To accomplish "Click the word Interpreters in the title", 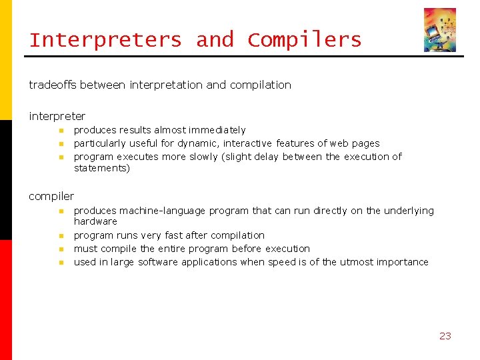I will (105, 40).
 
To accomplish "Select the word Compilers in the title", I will (305, 40).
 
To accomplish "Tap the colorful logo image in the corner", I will (440, 30).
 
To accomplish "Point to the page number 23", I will (445, 336).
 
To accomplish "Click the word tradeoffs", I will (53, 85).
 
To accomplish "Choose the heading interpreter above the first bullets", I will (57, 116).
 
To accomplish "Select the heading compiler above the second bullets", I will (51, 196).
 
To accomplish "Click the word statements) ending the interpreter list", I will (101, 168).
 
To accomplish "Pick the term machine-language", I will (163, 211).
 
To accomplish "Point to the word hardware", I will (95, 221).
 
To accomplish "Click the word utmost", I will (359, 262).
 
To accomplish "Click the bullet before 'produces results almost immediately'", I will (60, 131).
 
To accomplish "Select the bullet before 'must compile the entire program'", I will (60, 249).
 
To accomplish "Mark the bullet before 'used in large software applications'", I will (60, 263).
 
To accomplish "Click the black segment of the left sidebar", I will (6, 180).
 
